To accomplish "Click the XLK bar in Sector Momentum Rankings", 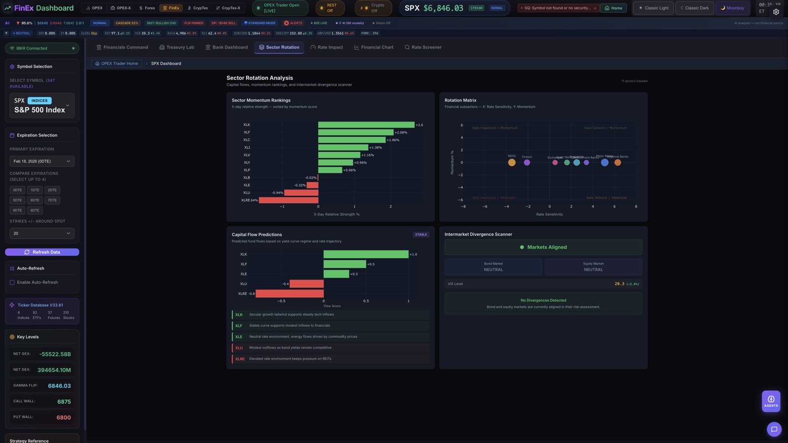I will pos(366,125).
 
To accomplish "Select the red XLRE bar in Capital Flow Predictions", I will pos(290,293).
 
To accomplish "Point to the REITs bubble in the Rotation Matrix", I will pos(512,162).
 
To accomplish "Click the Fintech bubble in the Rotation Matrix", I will pos(527,162).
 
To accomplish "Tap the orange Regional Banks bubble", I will pos(618,162).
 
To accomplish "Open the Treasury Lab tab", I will pos(176,47).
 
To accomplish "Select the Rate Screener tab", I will pos(423,47).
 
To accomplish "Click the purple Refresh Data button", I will pos(42,252).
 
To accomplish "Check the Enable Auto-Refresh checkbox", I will pos(12,283).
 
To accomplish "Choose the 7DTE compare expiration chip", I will pos(52,200).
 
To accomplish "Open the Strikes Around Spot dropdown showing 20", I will pos(42,233).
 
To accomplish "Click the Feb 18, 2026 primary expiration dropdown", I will pos(42,161).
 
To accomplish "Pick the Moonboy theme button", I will pos(732,8).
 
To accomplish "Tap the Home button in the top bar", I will pos(614,8).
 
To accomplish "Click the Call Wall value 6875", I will pos(64,402).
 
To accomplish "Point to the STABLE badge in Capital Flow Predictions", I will pos(421,235).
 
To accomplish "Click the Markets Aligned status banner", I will pos(543,247).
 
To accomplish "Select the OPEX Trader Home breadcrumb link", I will pos(117,63).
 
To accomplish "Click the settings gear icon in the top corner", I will pos(776,12).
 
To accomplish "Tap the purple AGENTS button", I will pos(771,401).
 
